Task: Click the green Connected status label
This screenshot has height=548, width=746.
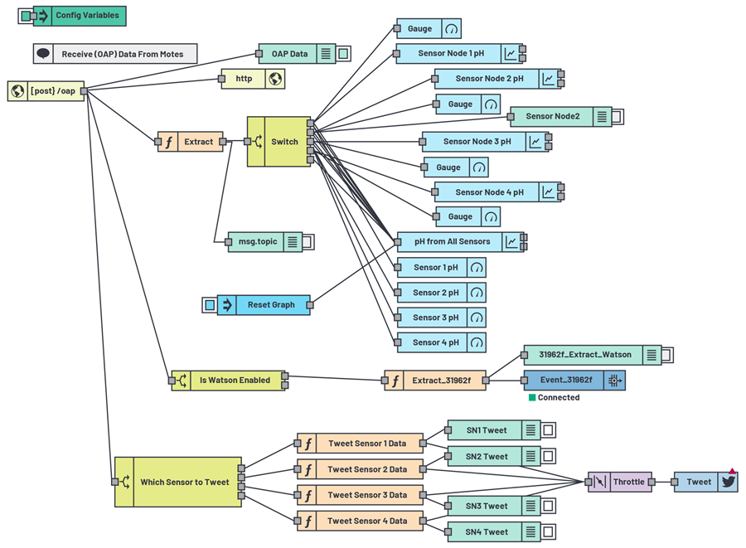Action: [558, 398]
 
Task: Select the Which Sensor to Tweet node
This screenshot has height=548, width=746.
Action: [178, 482]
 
